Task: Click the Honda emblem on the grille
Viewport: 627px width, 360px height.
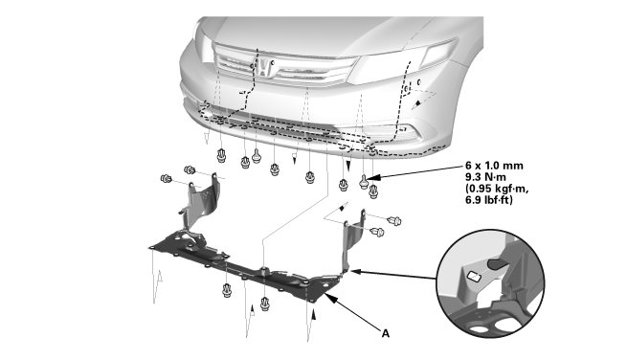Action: (x=263, y=68)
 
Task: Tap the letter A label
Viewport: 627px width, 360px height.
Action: (x=385, y=333)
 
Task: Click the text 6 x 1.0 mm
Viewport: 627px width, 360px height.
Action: (x=494, y=166)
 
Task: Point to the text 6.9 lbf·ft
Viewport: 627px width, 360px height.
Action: (x=489, y=200)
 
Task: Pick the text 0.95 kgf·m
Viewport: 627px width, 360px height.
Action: (x=497, y=189)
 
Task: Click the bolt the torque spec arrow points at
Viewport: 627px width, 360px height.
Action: (x=364, y=182)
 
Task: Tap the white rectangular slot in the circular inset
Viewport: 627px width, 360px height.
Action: (x=474, y=276)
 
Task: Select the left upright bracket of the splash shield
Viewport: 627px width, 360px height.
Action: (x=200, y=206)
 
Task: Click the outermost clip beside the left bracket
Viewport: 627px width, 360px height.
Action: (x=166, y=178)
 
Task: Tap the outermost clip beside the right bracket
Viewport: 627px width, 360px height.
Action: (x=394, y=220)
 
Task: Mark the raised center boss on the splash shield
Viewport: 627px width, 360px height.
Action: (x=263, y=269)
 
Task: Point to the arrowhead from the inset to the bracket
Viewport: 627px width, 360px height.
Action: (x=355, y=271)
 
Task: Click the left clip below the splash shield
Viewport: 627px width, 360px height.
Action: (x=227, y=290)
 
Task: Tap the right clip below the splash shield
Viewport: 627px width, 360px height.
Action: (x=265, y=304)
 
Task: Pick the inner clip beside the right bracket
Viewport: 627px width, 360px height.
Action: (x=377, y=232)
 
